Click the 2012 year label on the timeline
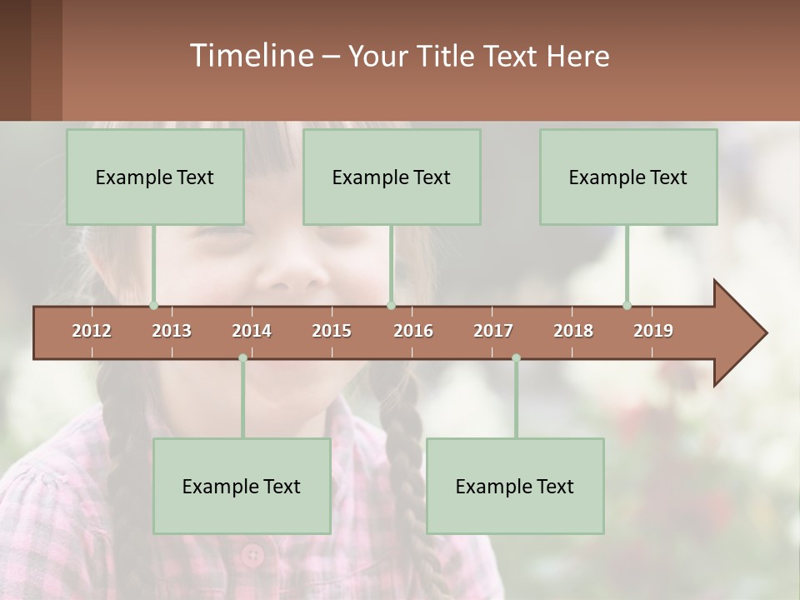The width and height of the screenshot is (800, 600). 92,331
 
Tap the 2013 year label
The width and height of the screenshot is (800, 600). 172,331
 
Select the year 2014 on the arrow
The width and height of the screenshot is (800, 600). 252,331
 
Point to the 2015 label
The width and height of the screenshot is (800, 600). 332,331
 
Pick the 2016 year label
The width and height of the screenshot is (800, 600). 413,331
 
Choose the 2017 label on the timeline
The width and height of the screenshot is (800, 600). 493,331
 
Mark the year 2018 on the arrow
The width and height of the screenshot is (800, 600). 573,331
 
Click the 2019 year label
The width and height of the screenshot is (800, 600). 653,331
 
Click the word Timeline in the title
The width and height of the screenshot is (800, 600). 250,56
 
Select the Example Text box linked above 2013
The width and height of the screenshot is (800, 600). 155,177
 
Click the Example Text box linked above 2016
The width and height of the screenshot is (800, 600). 392,177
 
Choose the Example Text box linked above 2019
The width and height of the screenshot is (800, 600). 628,177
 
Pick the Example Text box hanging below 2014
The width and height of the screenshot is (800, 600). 242,486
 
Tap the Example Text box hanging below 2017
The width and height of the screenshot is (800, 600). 515,486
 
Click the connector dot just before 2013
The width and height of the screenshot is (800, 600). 153,305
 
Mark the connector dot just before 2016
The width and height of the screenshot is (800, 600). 391,305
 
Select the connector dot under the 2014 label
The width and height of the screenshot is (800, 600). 242,358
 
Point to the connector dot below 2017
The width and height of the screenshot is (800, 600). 516,358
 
